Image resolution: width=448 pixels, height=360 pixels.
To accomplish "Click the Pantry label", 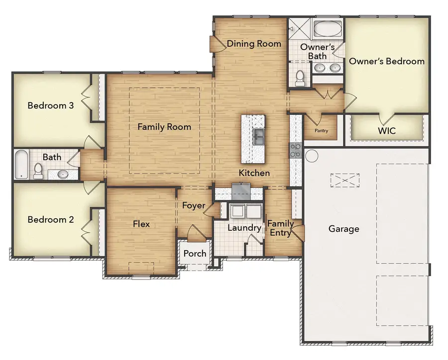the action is tap(321, 130).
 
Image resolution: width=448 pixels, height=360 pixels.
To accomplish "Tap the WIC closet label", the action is tap(387, 131).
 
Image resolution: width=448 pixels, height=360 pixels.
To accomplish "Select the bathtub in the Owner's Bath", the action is tap(328, 28).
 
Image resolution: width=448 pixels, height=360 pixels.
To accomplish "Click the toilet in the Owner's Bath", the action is tap(300, 78).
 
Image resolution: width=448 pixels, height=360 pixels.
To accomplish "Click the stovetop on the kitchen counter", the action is tap(295, 151).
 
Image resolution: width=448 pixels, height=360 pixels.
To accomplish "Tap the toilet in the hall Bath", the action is tap(38, 171).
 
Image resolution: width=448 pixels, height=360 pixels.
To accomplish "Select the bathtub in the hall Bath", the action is tap(21, 165).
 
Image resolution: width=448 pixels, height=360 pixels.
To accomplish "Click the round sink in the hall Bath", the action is tap(63, 174).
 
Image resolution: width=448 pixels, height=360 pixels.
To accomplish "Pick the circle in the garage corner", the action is tap(312, 156).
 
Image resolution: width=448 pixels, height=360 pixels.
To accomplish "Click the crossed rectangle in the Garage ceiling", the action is tap(345, 180).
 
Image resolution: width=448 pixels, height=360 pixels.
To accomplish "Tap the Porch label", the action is tap(195, 253).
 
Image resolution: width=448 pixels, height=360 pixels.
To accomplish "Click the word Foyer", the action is tap(194, 205).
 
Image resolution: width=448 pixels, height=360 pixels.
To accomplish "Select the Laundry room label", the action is tap(244, 228).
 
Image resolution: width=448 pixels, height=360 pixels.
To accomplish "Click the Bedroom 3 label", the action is tap(51, 105).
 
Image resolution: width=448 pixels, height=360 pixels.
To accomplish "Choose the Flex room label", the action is tap(141, 224).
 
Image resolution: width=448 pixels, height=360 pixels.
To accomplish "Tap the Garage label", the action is tap(343, 229).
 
